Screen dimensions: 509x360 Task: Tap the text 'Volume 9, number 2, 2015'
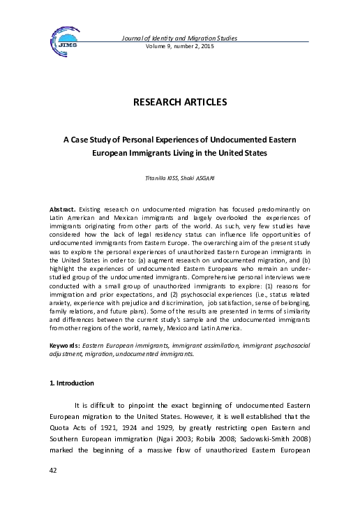(179, 45)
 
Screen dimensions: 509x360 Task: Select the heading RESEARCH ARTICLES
(179, 103)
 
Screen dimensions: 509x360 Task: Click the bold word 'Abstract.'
(62, 209)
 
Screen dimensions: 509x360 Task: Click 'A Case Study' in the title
(88, 140)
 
